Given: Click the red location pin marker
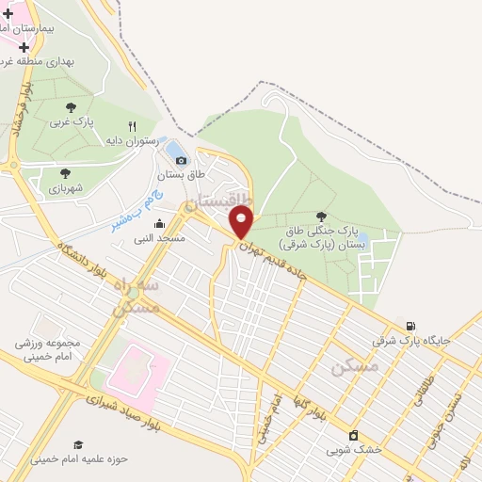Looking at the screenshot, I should [x=242, y=222].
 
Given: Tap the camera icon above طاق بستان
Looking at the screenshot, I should [x=181, y=159].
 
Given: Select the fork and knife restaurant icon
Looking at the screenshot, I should [x=132, y=126].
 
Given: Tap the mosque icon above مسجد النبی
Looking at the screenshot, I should [x=159, y=223].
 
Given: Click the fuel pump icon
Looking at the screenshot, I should [x=410, y=326].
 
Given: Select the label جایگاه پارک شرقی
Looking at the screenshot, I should [x=406, y=340].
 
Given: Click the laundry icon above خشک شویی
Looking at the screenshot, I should [x=353, y=435].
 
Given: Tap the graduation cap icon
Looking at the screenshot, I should [x=79, y=444].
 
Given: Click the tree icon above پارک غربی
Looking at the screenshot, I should [x=72, y=108].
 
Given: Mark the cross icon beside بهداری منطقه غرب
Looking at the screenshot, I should [x=24, y=46].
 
